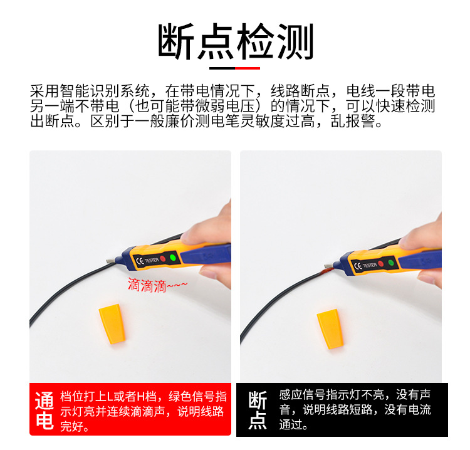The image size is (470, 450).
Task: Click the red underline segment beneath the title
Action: [x=248, y=68]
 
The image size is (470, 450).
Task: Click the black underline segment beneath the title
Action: [x=222, y=68]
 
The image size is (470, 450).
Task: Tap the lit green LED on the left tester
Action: [x=173, y=258]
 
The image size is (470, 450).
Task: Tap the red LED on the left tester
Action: [x=162, y=259]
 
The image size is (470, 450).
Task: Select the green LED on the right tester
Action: [x=390, y=263]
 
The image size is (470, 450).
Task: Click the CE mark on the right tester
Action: [x=358, y=266]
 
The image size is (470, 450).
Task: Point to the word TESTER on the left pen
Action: [x=151, y=260]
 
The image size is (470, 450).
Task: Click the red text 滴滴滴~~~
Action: [x=157, y=285]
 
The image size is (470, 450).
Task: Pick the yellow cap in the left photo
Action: [x=112, y=323]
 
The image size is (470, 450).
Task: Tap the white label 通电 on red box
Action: [x=44, y=410]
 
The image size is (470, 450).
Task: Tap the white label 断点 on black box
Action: [x=258, y=410]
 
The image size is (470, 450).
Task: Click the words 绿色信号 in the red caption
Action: [x=192, y=396]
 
